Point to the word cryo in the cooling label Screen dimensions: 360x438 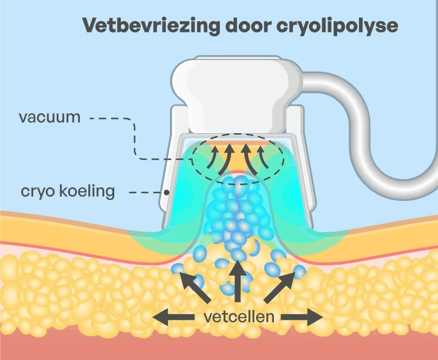(37, 192)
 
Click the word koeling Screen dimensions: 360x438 (88, 192)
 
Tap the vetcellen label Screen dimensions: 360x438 (239, 317)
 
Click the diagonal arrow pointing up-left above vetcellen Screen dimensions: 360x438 (194, 287)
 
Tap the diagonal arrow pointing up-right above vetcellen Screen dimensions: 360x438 (281, 287)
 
